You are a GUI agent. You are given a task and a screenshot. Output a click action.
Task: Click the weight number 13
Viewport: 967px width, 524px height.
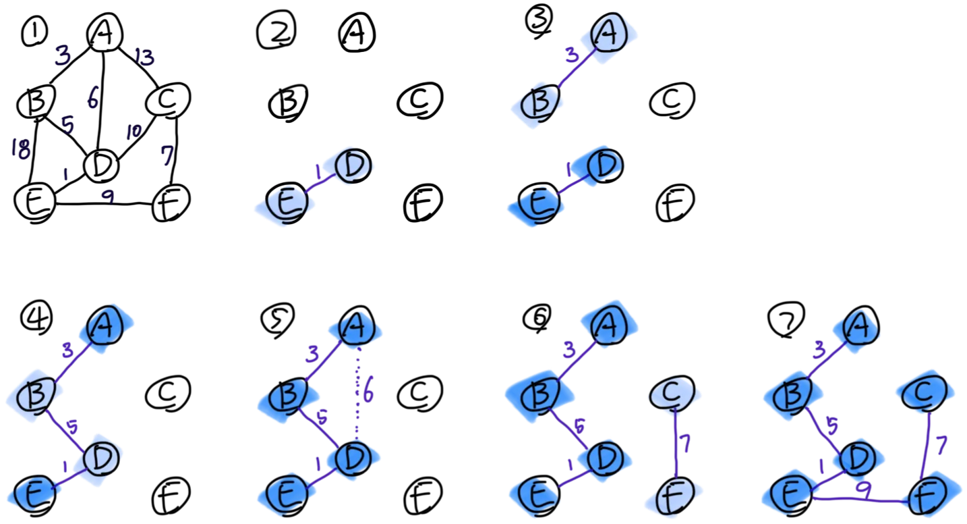click(x=144, y=57)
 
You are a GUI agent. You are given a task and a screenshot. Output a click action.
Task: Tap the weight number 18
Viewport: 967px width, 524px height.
click(x=21, y=149)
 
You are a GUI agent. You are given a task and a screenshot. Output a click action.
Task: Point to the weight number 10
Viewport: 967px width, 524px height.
click(x=134, y=132)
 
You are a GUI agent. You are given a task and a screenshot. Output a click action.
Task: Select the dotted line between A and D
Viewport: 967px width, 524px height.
click(x=358, y=392)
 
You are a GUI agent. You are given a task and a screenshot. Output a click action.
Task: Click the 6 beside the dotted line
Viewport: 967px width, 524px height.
click(x=368, y=392)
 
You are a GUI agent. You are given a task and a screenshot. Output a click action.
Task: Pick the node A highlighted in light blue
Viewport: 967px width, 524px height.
click(x=613, y=34)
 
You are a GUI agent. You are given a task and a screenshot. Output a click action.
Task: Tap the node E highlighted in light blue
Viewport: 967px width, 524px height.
click(x=285, y=203)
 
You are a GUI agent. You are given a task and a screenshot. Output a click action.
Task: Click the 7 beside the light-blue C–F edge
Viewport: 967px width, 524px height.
click(x=685, y=444)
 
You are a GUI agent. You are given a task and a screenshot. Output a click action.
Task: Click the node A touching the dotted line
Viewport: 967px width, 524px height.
click(x=356, y=331)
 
